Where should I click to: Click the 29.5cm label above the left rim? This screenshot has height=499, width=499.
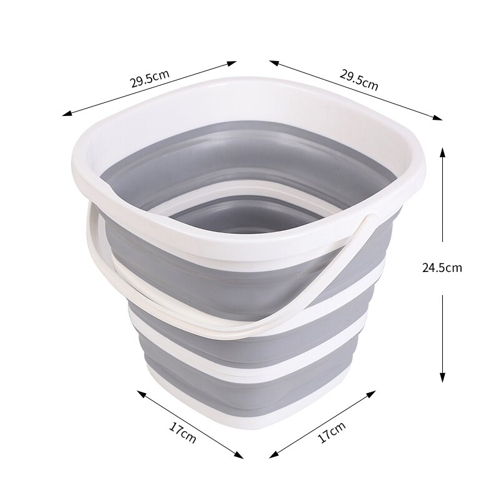(x=150, y=79)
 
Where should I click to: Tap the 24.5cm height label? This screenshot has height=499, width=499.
(x=442, y=268)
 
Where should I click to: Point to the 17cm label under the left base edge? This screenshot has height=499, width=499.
(x=182, y=430)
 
